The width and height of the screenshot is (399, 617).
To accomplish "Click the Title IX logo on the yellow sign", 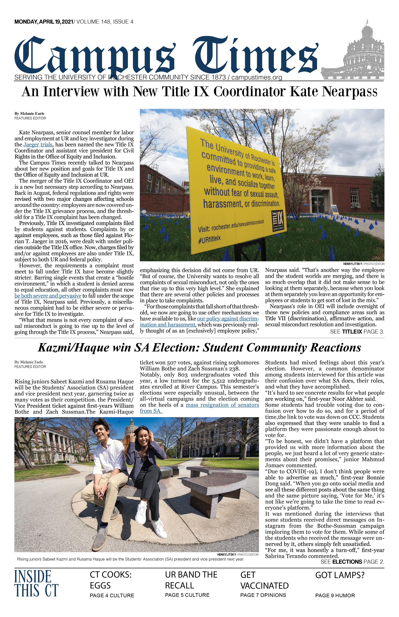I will click(x=278, y=221).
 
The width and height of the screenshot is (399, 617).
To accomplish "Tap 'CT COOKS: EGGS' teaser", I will click(x=111, y=580).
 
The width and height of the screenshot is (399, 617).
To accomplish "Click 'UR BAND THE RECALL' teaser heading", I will click(x=191, y=580).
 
